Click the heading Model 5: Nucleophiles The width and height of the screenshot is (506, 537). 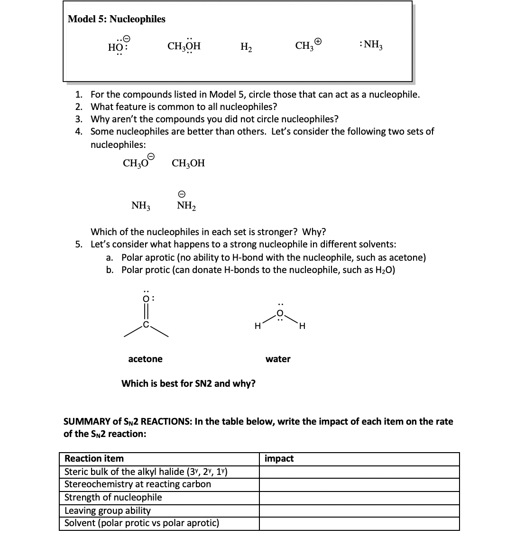pyautogui.click(x=117, y=19)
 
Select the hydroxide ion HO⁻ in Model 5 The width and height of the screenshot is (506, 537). pyautogui.click(x=117, y=46)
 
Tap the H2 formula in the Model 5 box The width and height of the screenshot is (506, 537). pyautogui.click(x=246, y=47)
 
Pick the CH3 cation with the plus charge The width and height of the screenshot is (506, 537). pyautogui.click(x=308, y=46)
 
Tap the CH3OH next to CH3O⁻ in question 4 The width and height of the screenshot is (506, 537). pyautogui.click(x=188, y=164)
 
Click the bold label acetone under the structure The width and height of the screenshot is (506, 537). pyautogui.click(x=145, y=359)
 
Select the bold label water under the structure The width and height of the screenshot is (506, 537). pyautogui.click(x=278, y=359)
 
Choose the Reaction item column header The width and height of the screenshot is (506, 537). pyautogui.click(x=94, y=459)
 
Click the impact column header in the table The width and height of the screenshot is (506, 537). pyautogui.click(x=279, y=459)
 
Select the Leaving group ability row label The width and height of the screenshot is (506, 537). pyautogui.click(x=107, y=510)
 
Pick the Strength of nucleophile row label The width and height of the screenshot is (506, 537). pyautogui.click(x=113, y=498)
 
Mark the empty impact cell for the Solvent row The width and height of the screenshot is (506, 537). pyautogui.click(x=359, y=524)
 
